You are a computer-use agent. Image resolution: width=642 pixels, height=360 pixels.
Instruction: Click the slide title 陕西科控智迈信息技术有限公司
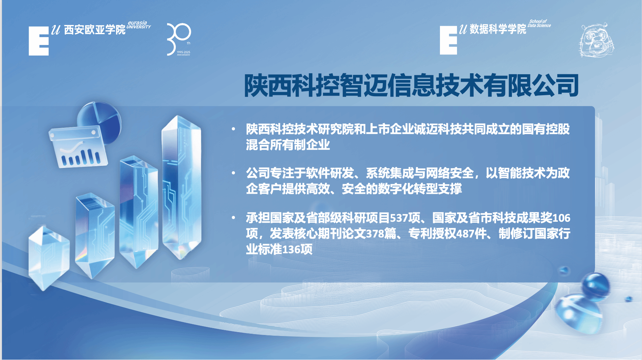coord(411,85)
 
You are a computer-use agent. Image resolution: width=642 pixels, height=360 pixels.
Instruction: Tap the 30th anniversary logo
coord(179,39)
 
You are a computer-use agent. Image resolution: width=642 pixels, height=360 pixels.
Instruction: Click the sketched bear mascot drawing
coord(596,40)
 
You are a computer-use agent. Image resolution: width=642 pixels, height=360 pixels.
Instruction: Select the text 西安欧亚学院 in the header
coord(95,30)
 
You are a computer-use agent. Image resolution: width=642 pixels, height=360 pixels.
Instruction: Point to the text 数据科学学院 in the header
coord(498,29)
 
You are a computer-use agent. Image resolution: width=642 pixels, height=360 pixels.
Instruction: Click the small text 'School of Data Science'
coord(539,23)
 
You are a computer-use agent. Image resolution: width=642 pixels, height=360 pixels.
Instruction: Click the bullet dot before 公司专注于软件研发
coord(233,173)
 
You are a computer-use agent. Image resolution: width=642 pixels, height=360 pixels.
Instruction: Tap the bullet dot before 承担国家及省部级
coord(233,217)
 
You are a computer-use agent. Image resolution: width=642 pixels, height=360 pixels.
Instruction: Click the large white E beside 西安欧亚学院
coord(39,41)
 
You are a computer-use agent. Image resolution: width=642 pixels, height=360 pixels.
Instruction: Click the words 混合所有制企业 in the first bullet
coord(288,145)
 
